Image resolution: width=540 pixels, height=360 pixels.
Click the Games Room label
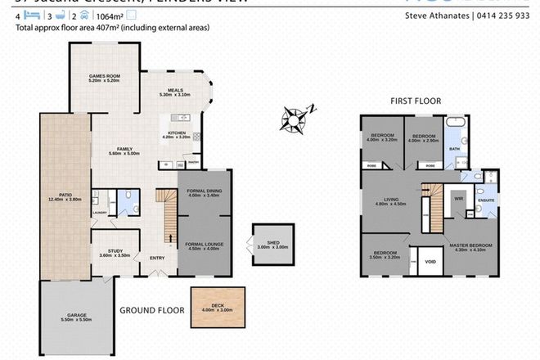click(105, 78)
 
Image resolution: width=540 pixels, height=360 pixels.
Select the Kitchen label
click(178, 135)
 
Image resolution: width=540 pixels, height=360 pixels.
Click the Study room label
click(110, 254)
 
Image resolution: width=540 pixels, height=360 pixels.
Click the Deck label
click(218, 306)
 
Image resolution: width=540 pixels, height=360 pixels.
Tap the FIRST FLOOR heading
click(415, 101)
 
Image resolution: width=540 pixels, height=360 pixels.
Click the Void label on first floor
click(430, 262)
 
